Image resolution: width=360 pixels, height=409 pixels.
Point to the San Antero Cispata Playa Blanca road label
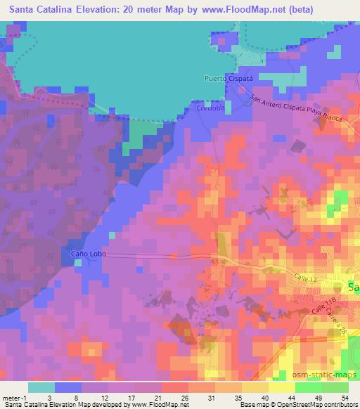[296, 110]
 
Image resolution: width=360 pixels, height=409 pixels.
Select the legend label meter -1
[13, 398]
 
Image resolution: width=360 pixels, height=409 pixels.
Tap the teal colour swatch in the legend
[41, 387]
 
